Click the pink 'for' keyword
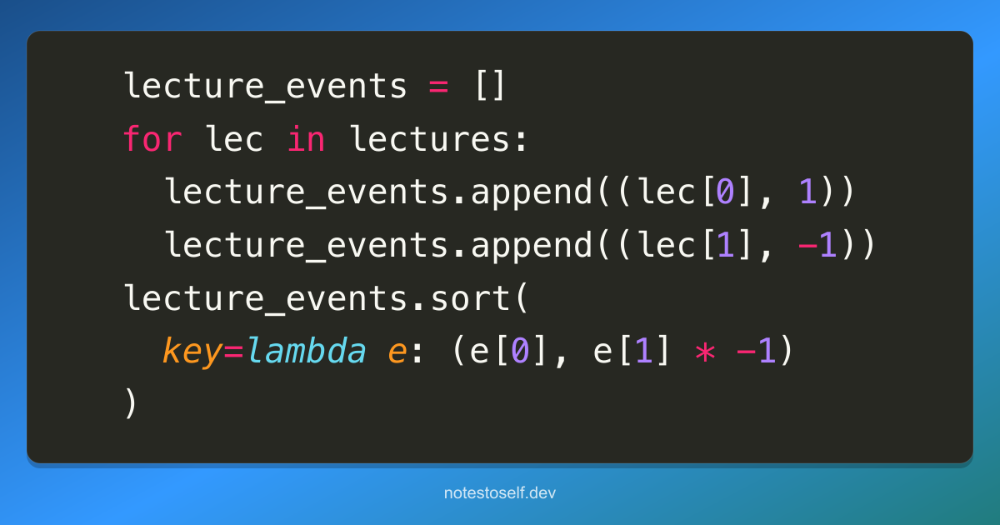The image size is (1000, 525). (152, 138)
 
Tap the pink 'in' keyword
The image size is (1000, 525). (307, 138)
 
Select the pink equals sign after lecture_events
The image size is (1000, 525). (438, 87)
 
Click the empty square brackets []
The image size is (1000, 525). (490, 85)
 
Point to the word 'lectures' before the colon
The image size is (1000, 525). (429, 138)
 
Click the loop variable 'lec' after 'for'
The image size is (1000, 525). (234, 138)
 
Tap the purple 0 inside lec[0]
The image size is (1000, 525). (725, 191)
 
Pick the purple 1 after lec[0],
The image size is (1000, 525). (808, 191)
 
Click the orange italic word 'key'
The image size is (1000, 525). (192, 352)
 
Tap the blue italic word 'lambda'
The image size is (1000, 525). (307, 350)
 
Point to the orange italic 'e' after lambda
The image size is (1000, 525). (397, 352)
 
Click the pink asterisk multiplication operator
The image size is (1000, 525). (705, 352)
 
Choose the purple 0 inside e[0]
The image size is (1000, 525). (520, 350)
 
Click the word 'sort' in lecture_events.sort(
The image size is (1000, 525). (470, 298)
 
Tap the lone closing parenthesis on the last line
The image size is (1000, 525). (130, 402)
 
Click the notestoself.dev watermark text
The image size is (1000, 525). (500, 492)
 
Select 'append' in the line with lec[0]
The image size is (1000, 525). (532, 192)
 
